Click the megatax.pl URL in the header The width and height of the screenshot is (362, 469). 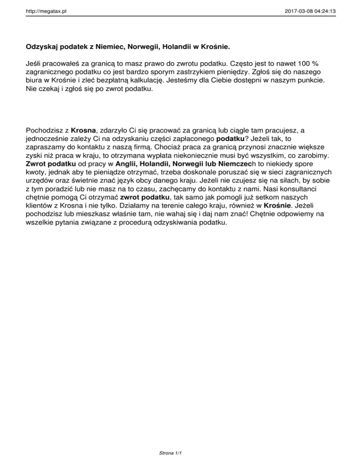click(46, 8)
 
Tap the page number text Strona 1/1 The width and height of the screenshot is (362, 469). click(171, 453)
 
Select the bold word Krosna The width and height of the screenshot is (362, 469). click(84, 130)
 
